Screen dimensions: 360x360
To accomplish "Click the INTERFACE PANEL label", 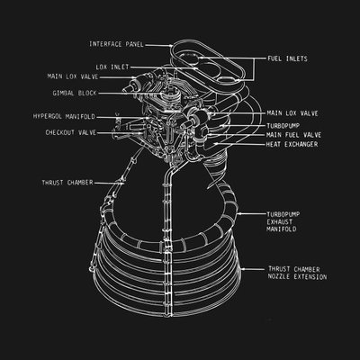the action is point(116,44).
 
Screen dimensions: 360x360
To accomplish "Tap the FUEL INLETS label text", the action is point(287,58).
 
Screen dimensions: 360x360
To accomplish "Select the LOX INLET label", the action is point(112,67).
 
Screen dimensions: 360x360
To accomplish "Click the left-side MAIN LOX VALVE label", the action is point(73,76).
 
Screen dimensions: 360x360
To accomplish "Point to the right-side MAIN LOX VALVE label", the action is point(292,113).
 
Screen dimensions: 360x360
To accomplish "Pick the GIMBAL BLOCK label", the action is point(75,94).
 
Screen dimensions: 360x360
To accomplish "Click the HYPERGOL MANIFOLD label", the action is point(64,116).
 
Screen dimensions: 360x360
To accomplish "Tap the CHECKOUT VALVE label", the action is point(71,132).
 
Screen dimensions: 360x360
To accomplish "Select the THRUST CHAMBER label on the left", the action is point(67,183).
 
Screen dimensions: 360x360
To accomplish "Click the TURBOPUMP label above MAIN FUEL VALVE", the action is point(283,126).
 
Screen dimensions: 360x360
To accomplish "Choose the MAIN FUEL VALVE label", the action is point(293,135).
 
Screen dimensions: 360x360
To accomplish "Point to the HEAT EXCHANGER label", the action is point(292,144).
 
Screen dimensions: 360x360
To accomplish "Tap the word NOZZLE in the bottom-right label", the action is point(279,276).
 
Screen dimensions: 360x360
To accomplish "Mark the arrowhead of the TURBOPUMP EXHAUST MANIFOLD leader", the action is point(238,214).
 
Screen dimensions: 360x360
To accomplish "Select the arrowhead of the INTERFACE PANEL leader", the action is point(171,46).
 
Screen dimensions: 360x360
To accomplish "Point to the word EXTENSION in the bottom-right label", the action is point(310,276).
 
